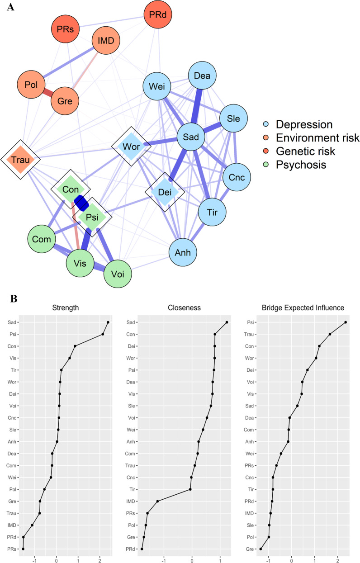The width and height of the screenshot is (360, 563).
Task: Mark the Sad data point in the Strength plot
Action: click(x=108, y=322)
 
